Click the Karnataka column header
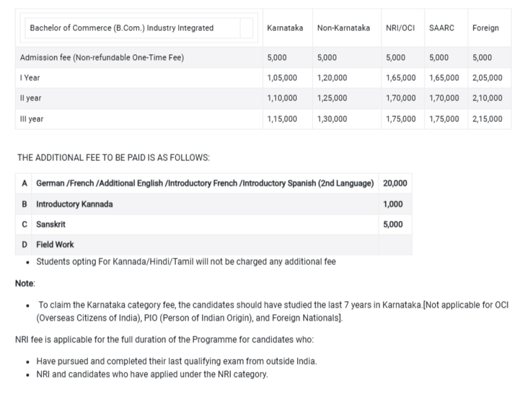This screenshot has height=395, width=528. (x=284, y=28)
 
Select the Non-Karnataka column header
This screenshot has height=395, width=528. (x=343, y=28)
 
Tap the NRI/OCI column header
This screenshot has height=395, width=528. (x=400, y=28)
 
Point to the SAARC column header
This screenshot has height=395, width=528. (x=441, y=28)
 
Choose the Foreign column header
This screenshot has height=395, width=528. (x=485, y=28)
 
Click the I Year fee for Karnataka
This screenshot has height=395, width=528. (x=282, y=78)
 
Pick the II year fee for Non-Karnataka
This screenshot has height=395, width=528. (x=332, y=98)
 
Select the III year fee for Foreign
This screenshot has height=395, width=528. (x=488, y=118)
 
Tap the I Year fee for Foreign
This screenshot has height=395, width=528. (x=488, y=78)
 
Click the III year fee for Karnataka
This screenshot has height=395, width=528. (x=282, y=118)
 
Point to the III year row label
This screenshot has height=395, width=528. (x=32, y=118)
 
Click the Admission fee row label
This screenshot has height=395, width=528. (x=102, y=58)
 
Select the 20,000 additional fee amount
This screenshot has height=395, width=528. (x=395, y=183)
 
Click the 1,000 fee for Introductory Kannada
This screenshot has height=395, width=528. (x=393, y=204)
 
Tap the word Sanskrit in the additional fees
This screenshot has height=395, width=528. (x=50, y=225)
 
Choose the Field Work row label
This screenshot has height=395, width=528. (x=55, y=245)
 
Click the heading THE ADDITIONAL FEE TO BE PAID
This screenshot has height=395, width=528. (x=113, y=157)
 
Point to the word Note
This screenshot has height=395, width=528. (x=25, y=284)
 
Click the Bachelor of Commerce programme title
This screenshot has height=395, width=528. (x=121, y=28)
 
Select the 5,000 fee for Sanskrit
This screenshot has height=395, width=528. (x=393, y=225)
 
